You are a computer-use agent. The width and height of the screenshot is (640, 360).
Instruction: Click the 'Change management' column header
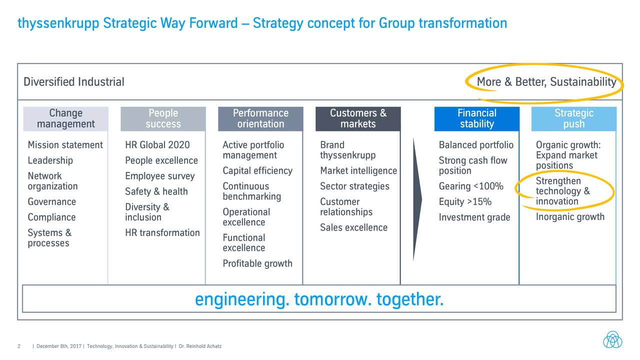tap(65, 118)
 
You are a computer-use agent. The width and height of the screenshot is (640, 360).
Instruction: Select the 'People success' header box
tap(163, 118)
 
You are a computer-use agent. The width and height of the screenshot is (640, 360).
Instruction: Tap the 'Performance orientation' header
tap(260, 118)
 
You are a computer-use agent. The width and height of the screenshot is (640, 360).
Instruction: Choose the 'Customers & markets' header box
tap(358, 118)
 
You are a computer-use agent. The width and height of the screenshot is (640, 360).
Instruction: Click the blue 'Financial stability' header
tap(476, 118)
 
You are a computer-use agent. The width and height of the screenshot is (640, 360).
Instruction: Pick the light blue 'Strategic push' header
tap(573, 118)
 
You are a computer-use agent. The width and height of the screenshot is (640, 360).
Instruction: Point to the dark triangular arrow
tap(417, 200)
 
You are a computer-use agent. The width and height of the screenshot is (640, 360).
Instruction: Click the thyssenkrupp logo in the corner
tap(612, 339)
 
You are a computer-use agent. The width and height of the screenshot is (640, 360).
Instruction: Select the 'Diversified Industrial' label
tap(74, 82)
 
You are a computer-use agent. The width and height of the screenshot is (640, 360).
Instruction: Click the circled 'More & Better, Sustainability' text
tap(546, 82)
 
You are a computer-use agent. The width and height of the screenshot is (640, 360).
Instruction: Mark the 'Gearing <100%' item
tap(471, 186)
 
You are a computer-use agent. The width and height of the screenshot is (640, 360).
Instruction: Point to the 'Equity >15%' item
tap(465, 202)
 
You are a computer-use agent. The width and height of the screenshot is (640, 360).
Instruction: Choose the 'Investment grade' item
tap(474, 217)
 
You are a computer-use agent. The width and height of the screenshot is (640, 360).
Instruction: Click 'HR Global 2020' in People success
tap(157, 145)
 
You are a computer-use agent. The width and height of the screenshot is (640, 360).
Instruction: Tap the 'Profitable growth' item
tap(257, 263)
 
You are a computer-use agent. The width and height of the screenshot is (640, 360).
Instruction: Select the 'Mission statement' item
tap(65, 145)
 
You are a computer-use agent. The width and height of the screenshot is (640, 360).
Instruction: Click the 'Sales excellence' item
tap(353, 227)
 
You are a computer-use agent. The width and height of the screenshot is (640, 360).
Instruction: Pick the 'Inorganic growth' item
tap(570, 217)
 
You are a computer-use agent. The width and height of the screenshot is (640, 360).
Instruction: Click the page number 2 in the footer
tap(18, 346)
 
